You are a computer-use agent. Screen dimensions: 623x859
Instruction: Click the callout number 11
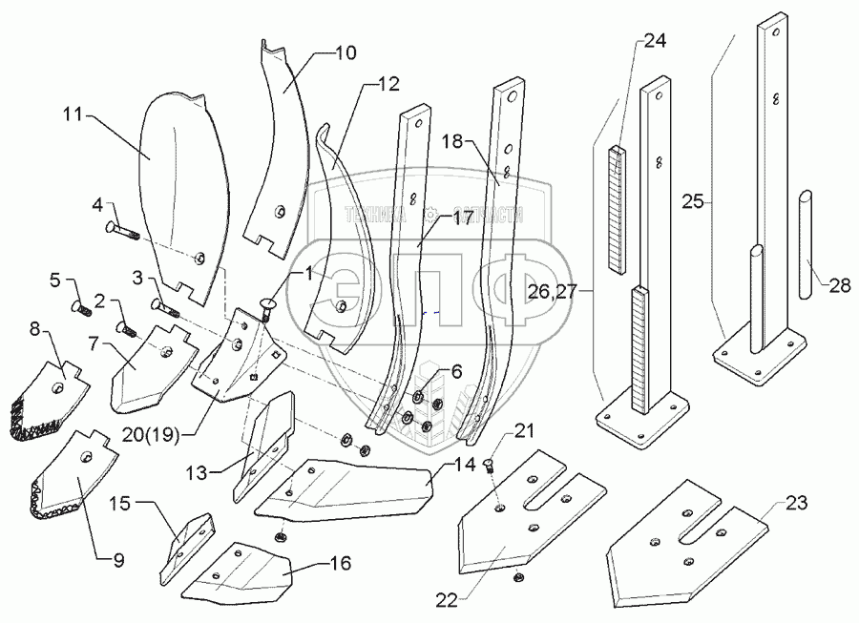[x=71, y=115]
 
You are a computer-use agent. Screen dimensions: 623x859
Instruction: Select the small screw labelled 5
[x=80, y=307]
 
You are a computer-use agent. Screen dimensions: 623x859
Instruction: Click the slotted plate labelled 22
[x=530, y=515]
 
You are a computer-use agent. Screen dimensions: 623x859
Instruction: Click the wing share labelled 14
[x=353, y=487]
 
